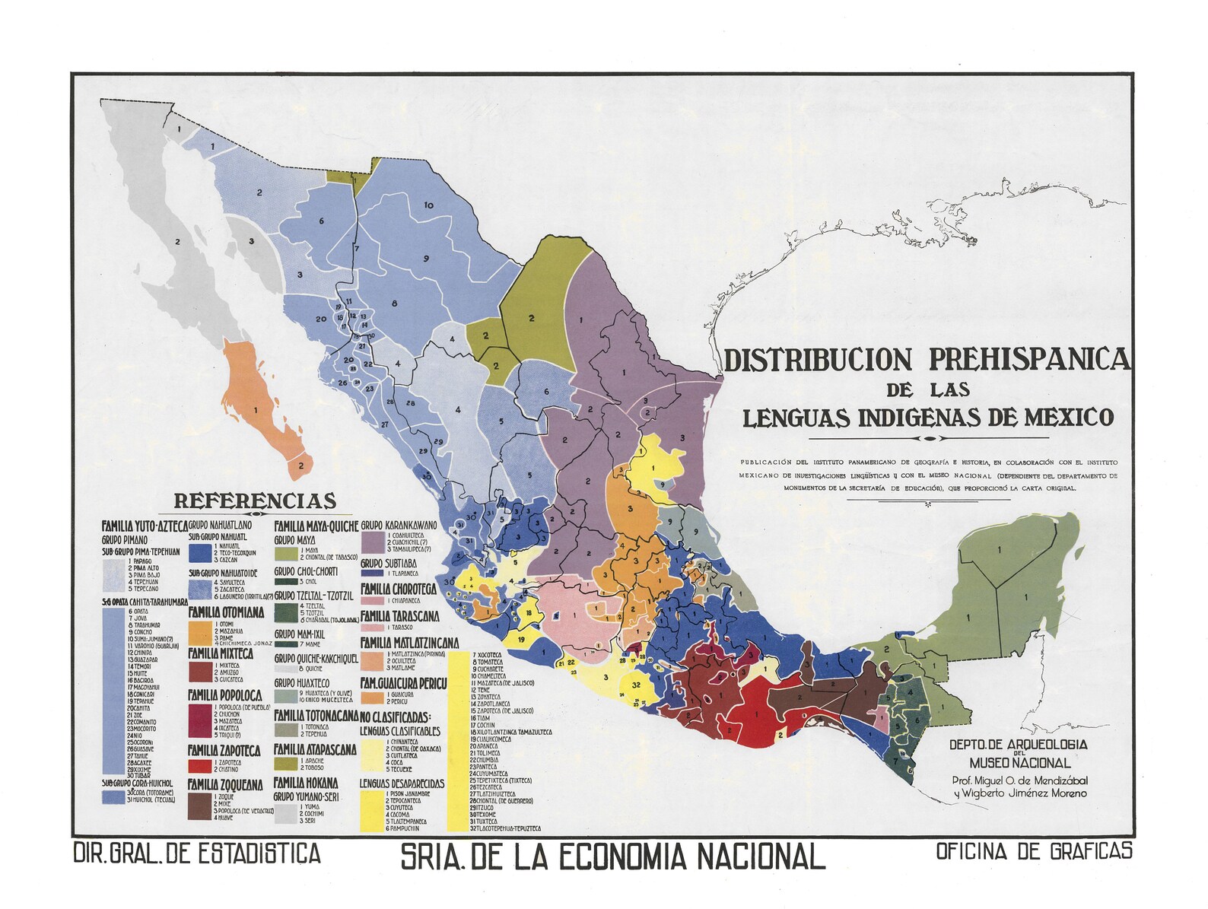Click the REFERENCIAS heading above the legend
[255, 501]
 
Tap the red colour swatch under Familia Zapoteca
[199, 766]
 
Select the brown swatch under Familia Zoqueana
[199, 806]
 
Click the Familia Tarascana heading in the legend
[399, 616]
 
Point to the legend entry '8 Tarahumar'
[145, 625]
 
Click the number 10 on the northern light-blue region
[428, 205]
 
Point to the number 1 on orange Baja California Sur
[256, 410]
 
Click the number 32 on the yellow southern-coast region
[636, 685]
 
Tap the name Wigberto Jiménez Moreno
[1019, 793]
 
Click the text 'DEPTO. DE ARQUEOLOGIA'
[1018, 744]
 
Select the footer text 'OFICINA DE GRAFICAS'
[1034, 852]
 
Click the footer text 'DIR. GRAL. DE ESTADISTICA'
[196, 853]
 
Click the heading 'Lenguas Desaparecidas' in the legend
[402, 783]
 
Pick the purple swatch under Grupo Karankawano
[372, 541]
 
